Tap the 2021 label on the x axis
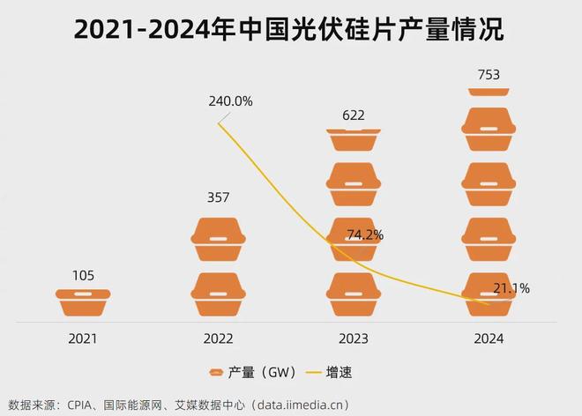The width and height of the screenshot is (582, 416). click(x=83, y=338)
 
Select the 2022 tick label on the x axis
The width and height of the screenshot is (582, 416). click(x=218, y=338)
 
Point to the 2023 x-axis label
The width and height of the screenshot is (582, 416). click(x=353, y=338)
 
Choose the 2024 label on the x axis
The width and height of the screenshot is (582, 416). click(x=488, y=338)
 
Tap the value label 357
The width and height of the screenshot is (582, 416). click(x=218, y=197)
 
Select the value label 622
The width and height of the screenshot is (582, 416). click(x=353, y=115)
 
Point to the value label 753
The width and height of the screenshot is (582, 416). click(x=488, y=75)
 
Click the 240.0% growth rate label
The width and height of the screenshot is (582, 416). click(x=230, y=101)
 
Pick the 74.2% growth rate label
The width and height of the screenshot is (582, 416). click(x=364, y=235)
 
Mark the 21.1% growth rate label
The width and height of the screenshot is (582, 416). click(x=511, y=288)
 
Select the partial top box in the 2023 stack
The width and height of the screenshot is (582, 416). click(x=353, y=138)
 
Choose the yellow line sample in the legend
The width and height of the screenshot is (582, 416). click(x=314, y=373)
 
